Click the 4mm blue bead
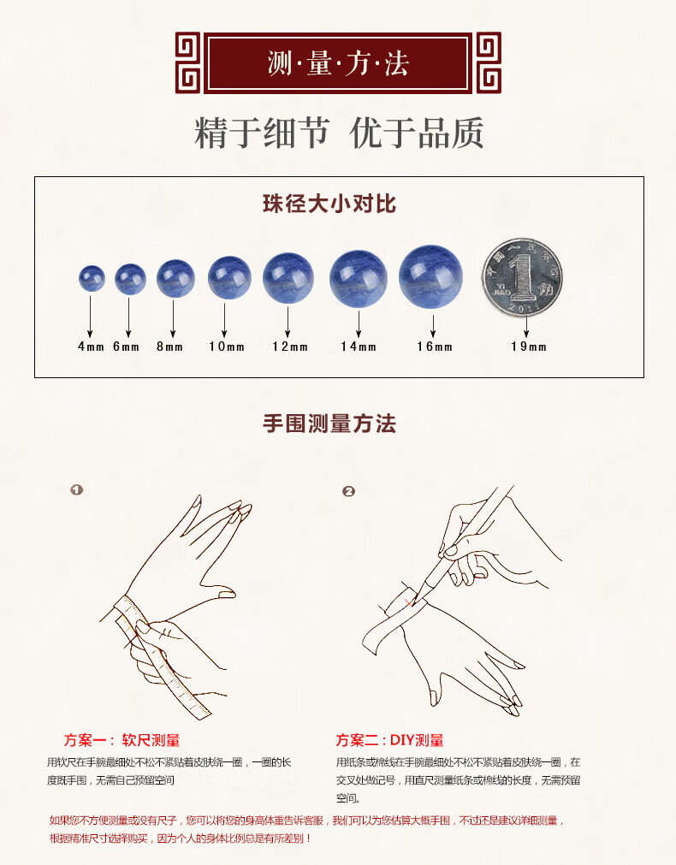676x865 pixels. click(92, 279)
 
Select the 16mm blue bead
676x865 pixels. click(430, 277)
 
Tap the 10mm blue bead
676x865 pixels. click(229, 277)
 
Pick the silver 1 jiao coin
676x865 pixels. click(522, 277)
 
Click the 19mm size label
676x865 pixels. click(529, 347)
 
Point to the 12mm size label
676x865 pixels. click(290, 347)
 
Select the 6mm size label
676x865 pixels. click(127, 347)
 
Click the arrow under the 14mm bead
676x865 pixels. click(359, 323)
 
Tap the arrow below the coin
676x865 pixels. click(526, 325)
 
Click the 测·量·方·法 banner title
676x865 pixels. click(338, 63)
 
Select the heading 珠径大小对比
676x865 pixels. click(329, 204)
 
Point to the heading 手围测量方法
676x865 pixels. click(329, 424)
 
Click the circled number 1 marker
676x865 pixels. click(77, 489)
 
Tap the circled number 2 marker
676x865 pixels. click(348, 491)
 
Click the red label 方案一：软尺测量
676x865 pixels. click(122, 740)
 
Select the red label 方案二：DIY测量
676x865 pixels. click(389, 740)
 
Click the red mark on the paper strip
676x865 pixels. click(409, 601)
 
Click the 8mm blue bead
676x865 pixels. click(175, 279)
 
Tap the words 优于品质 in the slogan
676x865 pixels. click(418, 133)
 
